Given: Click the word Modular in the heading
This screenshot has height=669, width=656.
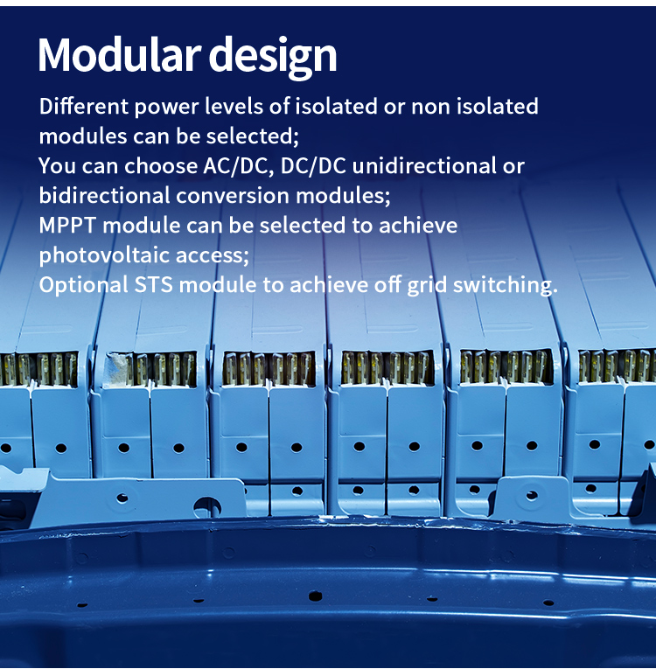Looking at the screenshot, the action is click(120, 54).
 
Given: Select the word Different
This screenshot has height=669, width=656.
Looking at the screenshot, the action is click(84, 106).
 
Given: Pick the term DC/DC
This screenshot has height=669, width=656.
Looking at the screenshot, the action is click(313, 165).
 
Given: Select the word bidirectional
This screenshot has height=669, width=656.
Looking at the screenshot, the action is click(105, 195).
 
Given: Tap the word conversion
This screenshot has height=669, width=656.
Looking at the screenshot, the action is click(233, 195).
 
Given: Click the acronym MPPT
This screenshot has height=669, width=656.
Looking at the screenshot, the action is click(67, 226).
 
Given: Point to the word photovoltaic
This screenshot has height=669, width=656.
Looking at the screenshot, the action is click(105, 255).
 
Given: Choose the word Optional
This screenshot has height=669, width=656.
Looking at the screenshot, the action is click(84, 285).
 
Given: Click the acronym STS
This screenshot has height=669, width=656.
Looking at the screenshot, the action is click(154, 284).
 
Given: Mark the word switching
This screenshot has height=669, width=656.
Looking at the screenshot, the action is click(506, 285).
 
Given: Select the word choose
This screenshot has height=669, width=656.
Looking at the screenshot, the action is click(161, 165).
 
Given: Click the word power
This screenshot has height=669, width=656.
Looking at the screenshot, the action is click(167, 107).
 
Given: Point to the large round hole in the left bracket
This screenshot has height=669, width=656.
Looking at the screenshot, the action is click(207, 507).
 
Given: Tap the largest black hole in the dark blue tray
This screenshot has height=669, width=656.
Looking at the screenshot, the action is click(316, 596).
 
